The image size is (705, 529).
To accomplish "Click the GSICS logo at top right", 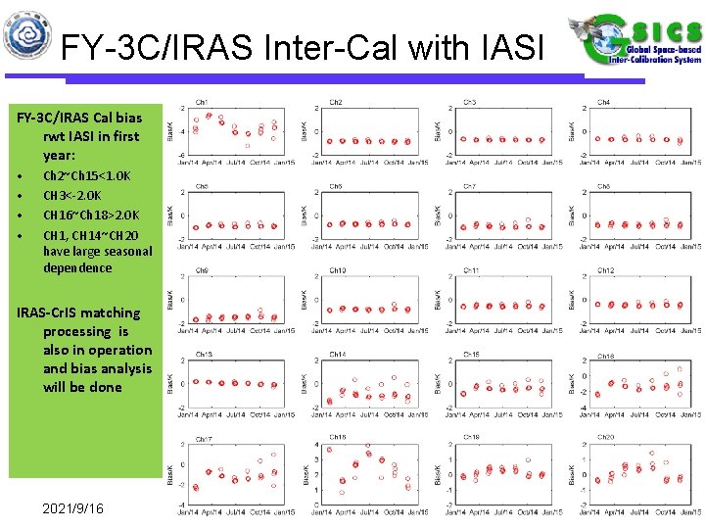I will pos(634,43).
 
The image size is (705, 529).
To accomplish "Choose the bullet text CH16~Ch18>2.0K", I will pos(91,216).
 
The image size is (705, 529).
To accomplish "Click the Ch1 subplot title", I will pos(202,102).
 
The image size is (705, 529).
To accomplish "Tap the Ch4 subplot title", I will pos(604,102).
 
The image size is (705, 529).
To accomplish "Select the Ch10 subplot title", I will pos(338,270).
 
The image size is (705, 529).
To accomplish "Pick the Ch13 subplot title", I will pos(204,355).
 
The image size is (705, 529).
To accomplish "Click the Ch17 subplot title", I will pos(204,438).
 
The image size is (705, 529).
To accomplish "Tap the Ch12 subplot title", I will pos(606,270).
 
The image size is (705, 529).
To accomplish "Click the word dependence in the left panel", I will pos(77,267).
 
